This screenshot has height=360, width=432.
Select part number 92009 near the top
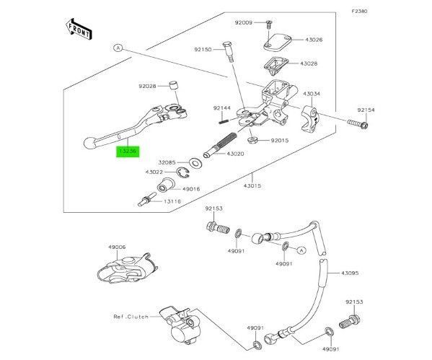tap(244, 23)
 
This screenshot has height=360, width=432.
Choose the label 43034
tap(312, 94)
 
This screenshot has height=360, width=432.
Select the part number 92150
tap(203, 51)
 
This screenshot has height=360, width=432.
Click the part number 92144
tap(221, 108)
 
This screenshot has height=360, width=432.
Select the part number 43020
tap(236, 153)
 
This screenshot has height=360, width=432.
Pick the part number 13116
tap(172, 203)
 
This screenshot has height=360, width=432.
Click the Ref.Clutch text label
tap(130, 316)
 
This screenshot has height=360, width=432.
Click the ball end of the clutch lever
tap(89, 143)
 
